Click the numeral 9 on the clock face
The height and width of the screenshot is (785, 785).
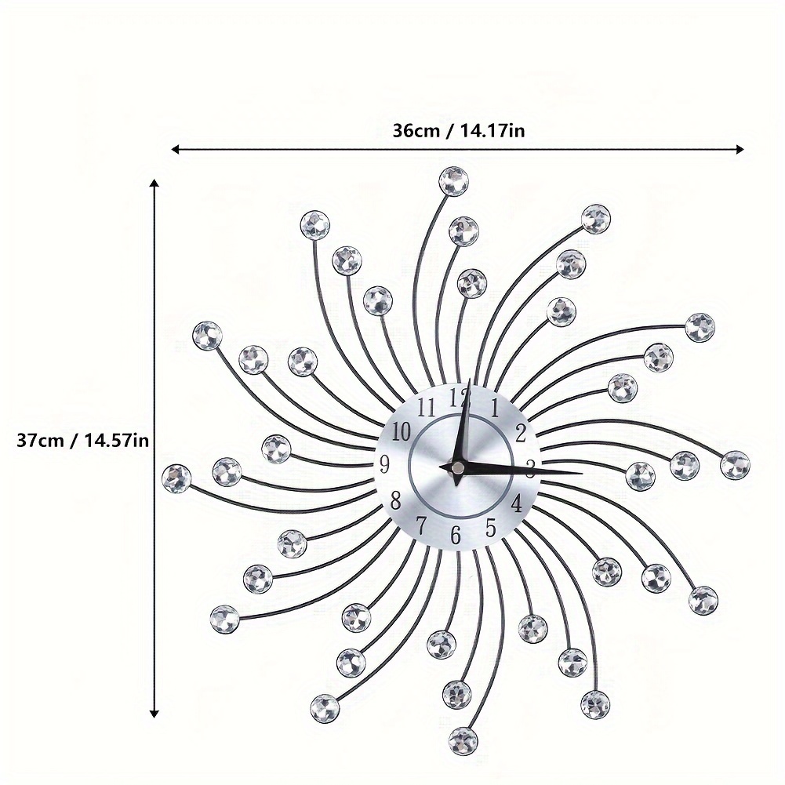click(x=384, y=463)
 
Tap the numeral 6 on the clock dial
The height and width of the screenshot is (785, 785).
click(x=455, y=535)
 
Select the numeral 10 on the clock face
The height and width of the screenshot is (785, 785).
click(x=401, y=431)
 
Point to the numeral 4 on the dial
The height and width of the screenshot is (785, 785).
click(x=516, y=503)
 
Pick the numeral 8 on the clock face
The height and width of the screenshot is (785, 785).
click(x=395, y=500)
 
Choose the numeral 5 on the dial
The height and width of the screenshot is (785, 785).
click(x=491, y=527)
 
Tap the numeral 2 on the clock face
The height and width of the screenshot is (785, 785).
click(x=521, y=434)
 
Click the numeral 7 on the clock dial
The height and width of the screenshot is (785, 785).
click(x=422, y=525)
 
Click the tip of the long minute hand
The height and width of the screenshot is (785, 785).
click(x=583, y=473)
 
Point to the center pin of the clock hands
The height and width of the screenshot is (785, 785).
click(x=456, y=467)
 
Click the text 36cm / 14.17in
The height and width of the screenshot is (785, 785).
click(x=458, y=131)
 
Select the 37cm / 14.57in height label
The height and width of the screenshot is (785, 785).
click(x=82, y=441)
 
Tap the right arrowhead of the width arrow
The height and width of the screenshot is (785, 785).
click(x=740, y=149)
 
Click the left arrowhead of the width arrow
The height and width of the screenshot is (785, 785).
click(x=176, y=149)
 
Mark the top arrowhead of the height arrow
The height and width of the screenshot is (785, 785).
click(x=154, y=184)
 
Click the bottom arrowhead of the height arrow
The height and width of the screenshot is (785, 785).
click(x=154, y=714)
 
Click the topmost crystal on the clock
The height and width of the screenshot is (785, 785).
click(x=453, y=180)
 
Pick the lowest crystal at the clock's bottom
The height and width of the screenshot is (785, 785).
click(x=463, y=741)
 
